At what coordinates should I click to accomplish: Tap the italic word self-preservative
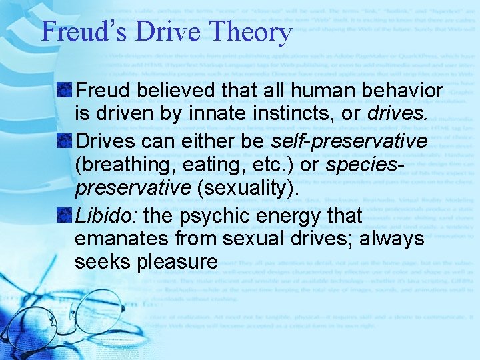pos(349,141)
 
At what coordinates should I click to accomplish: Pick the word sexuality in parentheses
pos(245,188)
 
